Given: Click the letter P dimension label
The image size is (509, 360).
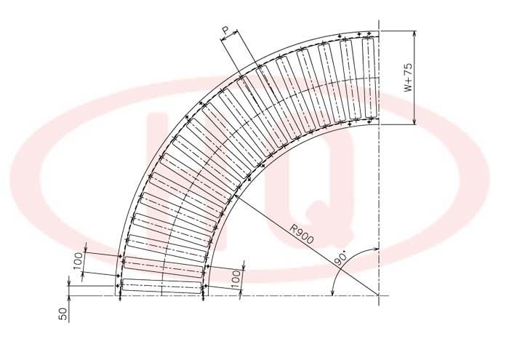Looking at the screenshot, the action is click(x=226, y=31).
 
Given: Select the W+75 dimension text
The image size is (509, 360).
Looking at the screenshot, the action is click(x=408, y=77).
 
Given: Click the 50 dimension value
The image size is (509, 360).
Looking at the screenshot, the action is click(x=63, y=314).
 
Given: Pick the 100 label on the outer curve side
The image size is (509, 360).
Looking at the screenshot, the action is click(x=78, y=261).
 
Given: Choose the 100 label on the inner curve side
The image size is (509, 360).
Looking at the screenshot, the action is click(x=237, y=279).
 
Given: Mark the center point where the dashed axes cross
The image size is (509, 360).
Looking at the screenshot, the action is click(x=379, y=295).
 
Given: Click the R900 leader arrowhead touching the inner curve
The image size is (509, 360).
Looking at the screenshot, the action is click(x=236, y=196).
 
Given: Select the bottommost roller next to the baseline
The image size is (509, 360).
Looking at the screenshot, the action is click(x=161, y=287).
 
